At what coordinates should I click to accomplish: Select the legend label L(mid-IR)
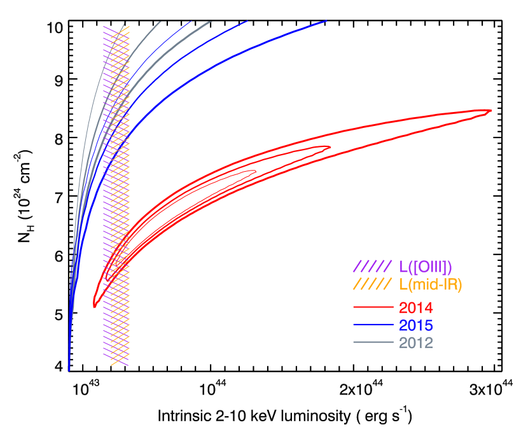[431, 284]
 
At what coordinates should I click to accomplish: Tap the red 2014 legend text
[416, 308]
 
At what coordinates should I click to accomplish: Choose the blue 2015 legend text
[416, 326]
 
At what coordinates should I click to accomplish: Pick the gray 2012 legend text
[416, 343]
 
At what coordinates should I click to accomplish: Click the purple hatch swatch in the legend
[372, 267]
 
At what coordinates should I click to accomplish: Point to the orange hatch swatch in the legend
[372, 284]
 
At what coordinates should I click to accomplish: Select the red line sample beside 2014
[373, 308]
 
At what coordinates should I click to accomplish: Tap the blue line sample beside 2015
[373, 325]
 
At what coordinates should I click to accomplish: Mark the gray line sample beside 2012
[373, 342]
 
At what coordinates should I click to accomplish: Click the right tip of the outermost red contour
[491, 111]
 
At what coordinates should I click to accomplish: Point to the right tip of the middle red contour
[330, 148]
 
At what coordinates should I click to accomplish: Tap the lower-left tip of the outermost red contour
[94, 307]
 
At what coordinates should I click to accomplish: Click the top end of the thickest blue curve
[326, 21]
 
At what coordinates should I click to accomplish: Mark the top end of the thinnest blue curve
[191, 21]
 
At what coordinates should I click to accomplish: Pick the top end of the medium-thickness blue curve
[247, 21]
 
